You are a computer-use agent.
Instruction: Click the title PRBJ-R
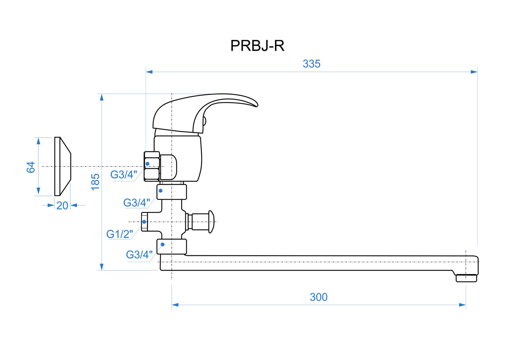[x=257, y=46]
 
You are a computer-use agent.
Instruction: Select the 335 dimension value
[x=311, y=64]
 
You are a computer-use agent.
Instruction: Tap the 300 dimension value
[x=319, y=297]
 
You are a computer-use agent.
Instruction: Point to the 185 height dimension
[x=95, y=182]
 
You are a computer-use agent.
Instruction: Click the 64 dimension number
[x=31, y=167]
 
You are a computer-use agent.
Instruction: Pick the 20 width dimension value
[x=62, y=205]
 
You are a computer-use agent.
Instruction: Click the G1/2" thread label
[x=119, y=234]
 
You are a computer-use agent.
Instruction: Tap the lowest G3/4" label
[x=139, y=255]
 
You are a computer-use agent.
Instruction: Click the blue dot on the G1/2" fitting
[x=144, y=222]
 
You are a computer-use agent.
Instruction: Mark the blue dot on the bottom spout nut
[x=162, y=245]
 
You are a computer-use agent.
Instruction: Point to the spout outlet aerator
[x=467, y=278]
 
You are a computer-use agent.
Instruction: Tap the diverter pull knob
[x=210, y=222]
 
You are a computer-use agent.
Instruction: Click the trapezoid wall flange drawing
[x=62, y=167]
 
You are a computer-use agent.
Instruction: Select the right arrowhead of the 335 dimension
[x=474, y=72]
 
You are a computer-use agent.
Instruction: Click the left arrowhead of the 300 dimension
[x=175, y=305]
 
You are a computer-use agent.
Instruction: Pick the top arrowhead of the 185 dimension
[x=102, y=97]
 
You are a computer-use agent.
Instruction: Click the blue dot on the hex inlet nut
[x=148, y=164]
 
